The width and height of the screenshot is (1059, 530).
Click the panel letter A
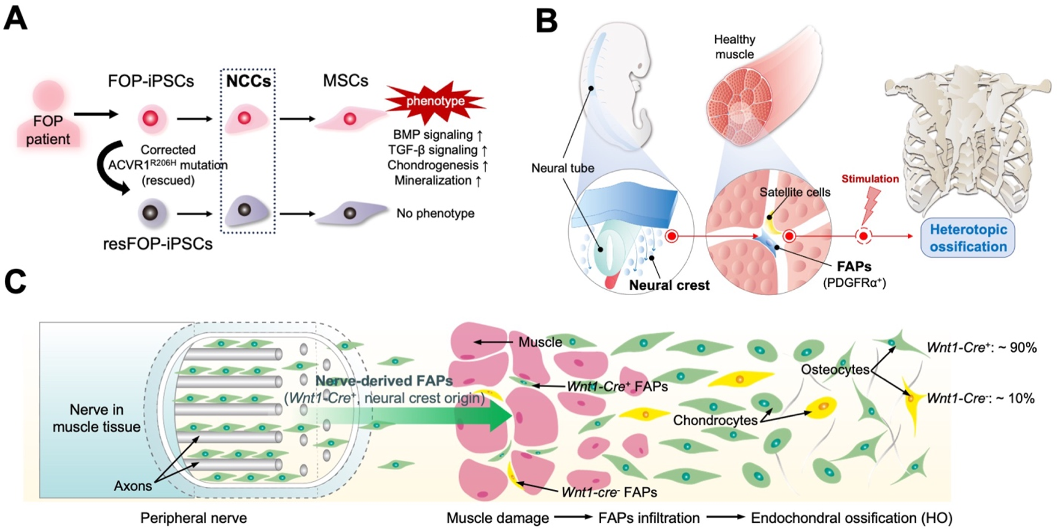tap(15, 18)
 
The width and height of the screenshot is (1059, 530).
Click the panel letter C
tap(15, 281)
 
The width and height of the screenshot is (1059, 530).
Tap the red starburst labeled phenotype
tap(435, 102)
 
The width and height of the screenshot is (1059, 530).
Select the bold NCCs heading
tap(248, 81)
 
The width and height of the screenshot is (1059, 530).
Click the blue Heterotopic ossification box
tap(968, 238)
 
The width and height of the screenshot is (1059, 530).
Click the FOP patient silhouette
tap(47, 117)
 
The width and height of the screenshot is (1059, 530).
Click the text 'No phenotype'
tap(435, 213)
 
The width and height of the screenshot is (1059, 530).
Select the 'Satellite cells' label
tap(794, 192)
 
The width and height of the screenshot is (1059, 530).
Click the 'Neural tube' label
tap(562, 169)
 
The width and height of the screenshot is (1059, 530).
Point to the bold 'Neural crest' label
tap(669, 286)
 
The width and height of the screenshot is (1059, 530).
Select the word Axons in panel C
tap(133, 486)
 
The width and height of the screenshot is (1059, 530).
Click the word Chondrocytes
tap(715, 420)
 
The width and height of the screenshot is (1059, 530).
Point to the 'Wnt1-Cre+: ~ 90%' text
tap(981, 348)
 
